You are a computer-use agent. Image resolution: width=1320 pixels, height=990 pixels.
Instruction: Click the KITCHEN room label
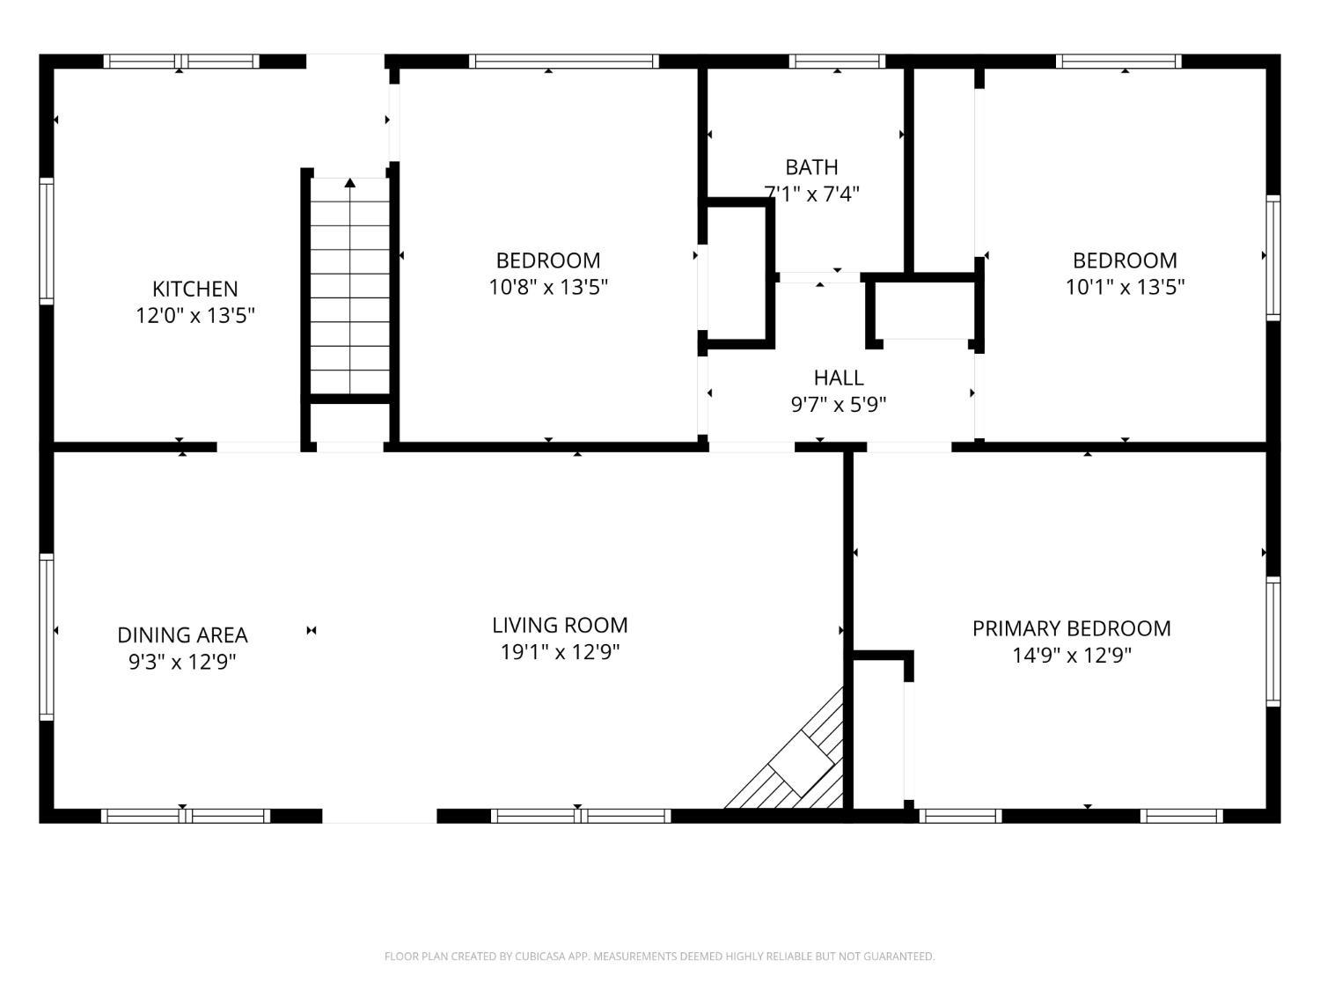(194, 290)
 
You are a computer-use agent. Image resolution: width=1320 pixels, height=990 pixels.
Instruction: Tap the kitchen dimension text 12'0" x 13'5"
(195, 316)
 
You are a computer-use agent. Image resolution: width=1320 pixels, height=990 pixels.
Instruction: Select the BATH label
(811, 167)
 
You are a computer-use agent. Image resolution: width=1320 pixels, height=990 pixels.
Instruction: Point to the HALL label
(839, 378)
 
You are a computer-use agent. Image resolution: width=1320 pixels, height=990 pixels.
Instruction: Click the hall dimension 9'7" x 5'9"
(839, 405)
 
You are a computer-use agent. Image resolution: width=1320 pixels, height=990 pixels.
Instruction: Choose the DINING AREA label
(182, 635)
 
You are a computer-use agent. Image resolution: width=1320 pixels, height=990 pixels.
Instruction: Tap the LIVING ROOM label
(560, 626)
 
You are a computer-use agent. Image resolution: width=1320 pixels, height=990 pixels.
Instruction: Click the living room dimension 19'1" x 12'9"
(560, 652)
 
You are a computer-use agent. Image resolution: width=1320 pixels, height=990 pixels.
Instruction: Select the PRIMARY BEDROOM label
(1072, 628)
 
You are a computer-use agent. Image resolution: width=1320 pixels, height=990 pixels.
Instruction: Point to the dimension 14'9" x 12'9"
(1072, 656)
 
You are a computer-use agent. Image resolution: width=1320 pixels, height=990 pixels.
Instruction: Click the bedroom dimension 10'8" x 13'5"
(548, 288)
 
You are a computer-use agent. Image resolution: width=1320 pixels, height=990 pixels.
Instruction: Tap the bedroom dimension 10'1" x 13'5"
(1125, 288)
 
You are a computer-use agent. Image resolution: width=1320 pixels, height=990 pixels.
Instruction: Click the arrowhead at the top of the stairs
(350, 183)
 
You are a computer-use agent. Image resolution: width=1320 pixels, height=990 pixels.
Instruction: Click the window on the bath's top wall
(837, 62)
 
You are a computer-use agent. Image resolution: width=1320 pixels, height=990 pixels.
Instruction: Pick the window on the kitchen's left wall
(47, 241)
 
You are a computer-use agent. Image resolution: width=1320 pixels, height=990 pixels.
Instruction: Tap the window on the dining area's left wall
(47, 637)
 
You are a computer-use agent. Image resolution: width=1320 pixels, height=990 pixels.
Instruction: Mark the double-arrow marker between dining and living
(311, 631)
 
